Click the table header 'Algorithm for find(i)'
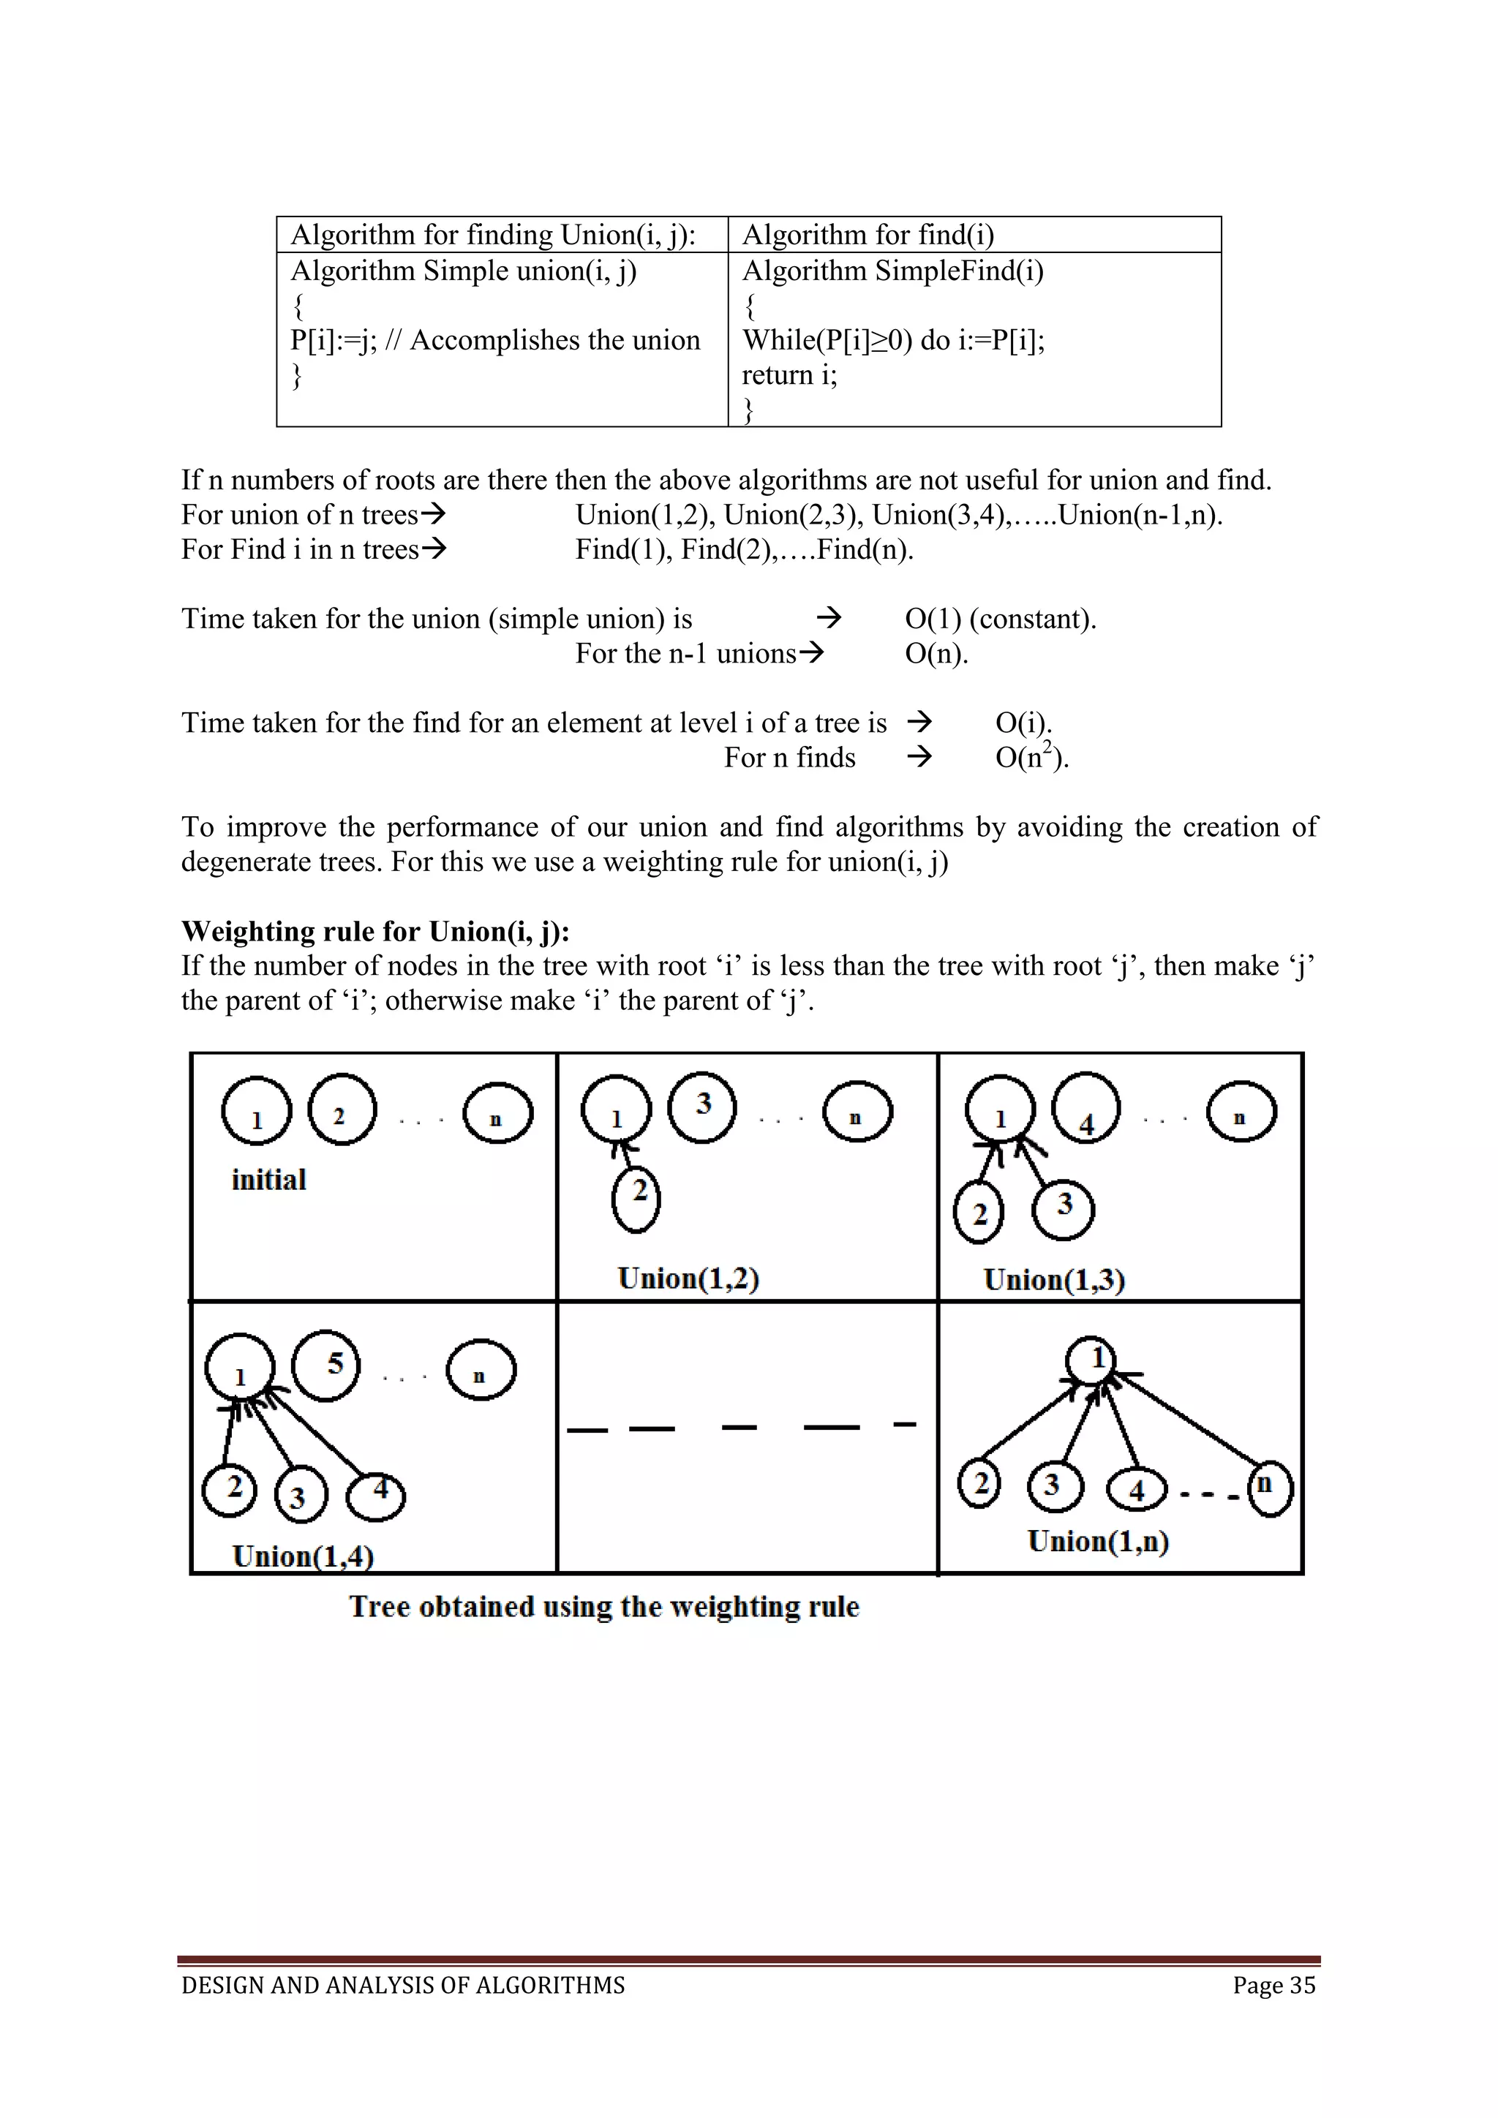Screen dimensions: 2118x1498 (868, 235)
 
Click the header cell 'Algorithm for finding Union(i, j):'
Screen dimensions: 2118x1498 (492, 235)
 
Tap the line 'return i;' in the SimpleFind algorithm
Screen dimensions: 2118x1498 (789, 375)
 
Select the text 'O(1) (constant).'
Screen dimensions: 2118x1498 (1000, 619)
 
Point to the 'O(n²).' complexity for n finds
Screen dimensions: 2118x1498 (1031, 758)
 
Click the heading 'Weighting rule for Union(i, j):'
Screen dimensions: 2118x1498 (375, 932)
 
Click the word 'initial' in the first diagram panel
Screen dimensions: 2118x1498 (268, 1180)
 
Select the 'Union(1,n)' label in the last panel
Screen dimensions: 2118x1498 (1098, 1542)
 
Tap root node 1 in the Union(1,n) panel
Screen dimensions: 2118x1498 (1092, 1360)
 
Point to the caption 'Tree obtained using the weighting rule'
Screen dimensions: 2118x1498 (604, 1607)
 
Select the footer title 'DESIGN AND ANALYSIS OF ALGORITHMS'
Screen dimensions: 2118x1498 (403, 1985)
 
